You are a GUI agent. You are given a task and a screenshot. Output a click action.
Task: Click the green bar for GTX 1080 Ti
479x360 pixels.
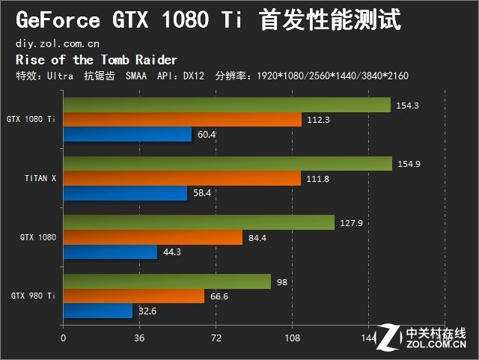click(x=227, y=105)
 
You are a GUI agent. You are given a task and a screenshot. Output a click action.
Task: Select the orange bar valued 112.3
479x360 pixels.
click(x=182, y=119)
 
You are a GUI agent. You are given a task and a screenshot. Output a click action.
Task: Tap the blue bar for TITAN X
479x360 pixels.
click(x=125, y=192)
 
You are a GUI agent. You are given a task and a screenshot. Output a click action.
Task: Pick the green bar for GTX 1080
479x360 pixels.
click(x=198, y=222)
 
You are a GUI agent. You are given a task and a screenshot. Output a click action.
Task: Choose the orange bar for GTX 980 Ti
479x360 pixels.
click(x=133, y=296)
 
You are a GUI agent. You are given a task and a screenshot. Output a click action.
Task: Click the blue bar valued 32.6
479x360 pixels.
click(x=97, y=310)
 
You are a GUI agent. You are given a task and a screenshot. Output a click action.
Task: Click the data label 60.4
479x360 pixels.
click(x=206, y=135)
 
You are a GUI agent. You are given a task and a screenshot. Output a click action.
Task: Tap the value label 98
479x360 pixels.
click(x=282, y=283)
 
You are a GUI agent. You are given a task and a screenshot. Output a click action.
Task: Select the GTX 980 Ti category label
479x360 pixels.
click(x=33, y=296)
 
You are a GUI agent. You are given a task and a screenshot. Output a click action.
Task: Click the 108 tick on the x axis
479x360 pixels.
click(x=292, y=338)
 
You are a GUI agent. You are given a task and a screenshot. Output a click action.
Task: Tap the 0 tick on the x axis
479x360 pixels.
click(x=64, y=338)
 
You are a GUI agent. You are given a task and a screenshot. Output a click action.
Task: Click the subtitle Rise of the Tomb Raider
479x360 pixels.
click(x=96, y=60)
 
